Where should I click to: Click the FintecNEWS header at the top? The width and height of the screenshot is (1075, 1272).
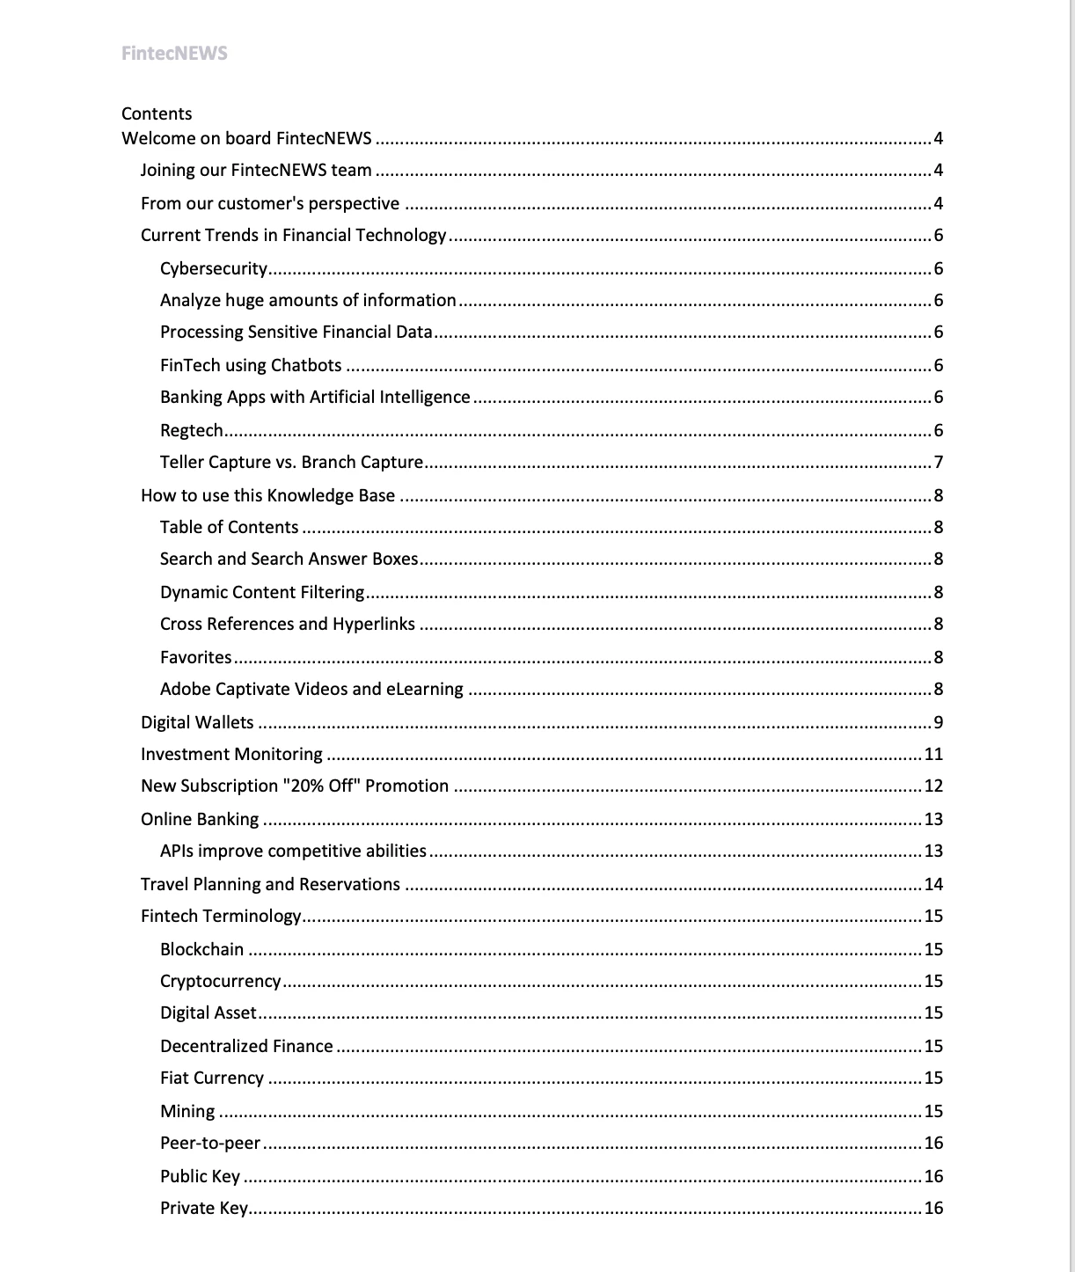(x=174, y=54)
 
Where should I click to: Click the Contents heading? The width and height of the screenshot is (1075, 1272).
(x=157, y=113)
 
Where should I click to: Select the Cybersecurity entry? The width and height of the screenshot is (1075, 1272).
(x=214, y=268)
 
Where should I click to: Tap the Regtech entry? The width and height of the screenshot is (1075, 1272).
(x=192, y=430)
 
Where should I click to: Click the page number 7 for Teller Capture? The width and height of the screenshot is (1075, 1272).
(x=938, y=463)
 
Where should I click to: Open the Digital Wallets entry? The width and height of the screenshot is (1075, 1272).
(x=197, y=722)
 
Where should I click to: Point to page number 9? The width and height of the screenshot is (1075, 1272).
(x=938, y=723)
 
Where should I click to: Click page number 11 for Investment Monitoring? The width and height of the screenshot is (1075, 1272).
(x=933, y=755)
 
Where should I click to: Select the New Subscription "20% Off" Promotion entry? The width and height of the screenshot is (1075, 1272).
(x=295, y=786)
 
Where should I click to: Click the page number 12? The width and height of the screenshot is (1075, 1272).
(x=933, y=786)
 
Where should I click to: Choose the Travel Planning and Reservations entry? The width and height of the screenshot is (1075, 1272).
(x=270, y=884)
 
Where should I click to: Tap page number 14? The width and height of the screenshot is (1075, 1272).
(x=933, y=885)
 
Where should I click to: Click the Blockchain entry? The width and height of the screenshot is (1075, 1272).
(x=202, y=949)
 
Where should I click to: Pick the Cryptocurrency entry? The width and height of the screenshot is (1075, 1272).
(x=221, y=982)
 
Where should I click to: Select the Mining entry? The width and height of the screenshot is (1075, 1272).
(x=187, y=1111)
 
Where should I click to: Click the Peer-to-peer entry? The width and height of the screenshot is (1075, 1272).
(x=210, y=1144)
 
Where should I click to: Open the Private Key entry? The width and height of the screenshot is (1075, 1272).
(x=204, y=1209)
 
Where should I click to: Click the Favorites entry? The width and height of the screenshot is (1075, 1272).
(x=196, y=657)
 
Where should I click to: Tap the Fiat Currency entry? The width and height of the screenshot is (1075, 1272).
(x=212, y=1078)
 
